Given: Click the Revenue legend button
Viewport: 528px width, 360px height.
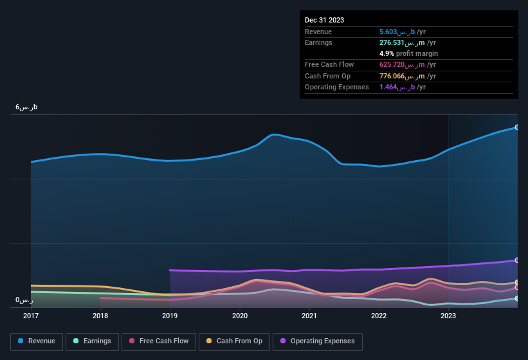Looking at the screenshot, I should coord(37,341).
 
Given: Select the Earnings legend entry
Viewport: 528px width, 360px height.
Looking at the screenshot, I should coord(91,341).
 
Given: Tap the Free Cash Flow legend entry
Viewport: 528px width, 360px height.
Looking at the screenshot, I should coord(159,341).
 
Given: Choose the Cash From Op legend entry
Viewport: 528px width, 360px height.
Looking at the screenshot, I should coord(234,341).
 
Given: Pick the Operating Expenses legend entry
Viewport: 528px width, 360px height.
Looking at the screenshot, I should coord(318,341).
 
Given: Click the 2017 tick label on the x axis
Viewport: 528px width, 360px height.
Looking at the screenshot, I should coord(31,316).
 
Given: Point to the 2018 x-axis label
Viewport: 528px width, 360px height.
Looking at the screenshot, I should coord(100,316).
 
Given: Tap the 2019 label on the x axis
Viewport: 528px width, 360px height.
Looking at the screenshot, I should coord(170,316).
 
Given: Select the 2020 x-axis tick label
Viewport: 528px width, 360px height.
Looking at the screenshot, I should coord(240,316).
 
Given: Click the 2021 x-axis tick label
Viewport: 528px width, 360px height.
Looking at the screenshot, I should coord(309,316).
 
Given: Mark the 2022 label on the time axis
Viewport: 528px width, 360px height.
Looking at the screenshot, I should coord(379,316).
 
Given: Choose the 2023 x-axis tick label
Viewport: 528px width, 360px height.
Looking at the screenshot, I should coord(448,316).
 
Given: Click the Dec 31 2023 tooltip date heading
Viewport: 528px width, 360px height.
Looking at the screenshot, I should coord(324,20).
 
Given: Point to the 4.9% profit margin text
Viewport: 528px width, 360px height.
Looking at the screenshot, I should coord(409,53).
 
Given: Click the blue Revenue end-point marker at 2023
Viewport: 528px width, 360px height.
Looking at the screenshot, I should coord(517,127).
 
